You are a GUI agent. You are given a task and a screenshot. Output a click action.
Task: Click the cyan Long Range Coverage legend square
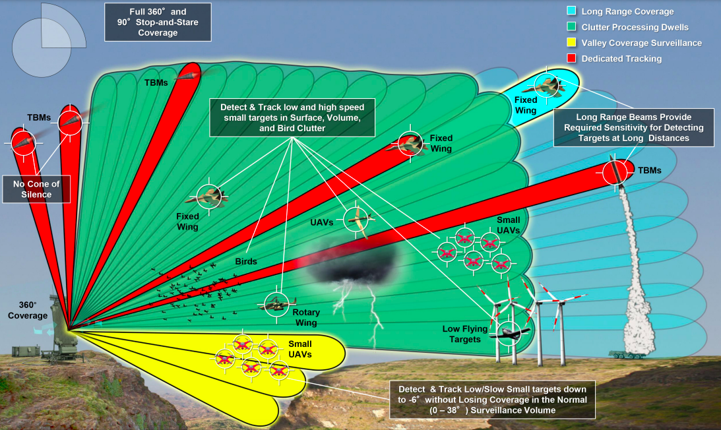coord(571,11)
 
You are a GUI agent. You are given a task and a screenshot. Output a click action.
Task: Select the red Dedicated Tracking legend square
coord(571,58)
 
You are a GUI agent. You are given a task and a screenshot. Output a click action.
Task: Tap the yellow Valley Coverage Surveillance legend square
coord(571,42)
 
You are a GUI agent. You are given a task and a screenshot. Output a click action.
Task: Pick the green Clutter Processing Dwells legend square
coord(571,26)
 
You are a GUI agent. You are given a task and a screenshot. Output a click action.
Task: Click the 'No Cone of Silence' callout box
coord(36,189)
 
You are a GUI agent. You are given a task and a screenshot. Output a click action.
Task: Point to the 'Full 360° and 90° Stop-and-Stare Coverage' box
coord(158,22)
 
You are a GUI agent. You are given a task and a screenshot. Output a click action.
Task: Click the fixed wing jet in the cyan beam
coord(549,86)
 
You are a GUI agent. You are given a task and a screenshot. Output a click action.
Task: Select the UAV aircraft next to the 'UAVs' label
coord(358,221)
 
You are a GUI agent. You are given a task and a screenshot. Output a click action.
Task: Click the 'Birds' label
coord(246,261)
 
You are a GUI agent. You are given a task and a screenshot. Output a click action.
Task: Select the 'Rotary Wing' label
coord(306,317)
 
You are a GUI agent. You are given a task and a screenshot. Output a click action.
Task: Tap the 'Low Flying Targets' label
coord(465,334)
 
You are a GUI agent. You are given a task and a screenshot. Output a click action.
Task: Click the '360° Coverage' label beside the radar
coord(28,310)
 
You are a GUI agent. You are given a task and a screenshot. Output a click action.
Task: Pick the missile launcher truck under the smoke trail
coord(627,354)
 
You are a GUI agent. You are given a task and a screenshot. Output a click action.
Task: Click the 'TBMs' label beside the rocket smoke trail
coord(649,170)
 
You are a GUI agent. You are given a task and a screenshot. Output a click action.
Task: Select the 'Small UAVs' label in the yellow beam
coord(299,349)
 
